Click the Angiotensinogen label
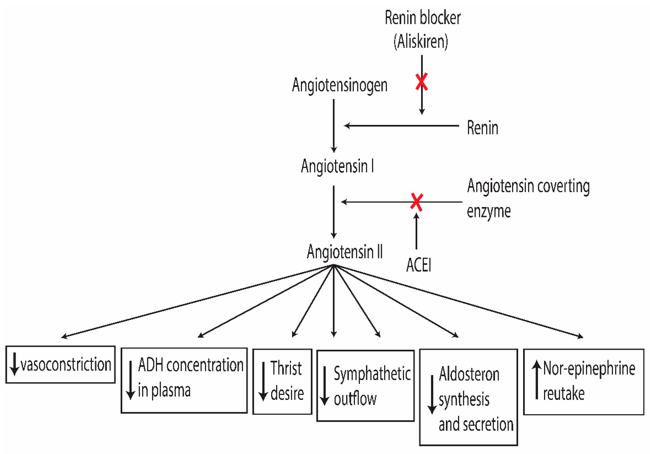(x=339, y=85)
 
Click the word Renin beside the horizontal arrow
(x=482, y=128)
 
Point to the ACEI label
(x=418, y=265)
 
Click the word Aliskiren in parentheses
(x=421, y=41)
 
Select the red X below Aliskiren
(x=421, y=82)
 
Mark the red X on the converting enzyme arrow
(x=416, y=202)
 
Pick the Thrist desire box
(x=282, y=381)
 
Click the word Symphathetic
(x=372, y=374)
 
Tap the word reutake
(x=564, y=394)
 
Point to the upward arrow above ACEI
(x=416, y=231)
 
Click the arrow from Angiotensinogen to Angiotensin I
(x=334, y=126)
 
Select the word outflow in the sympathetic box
(x=355, y=399)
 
